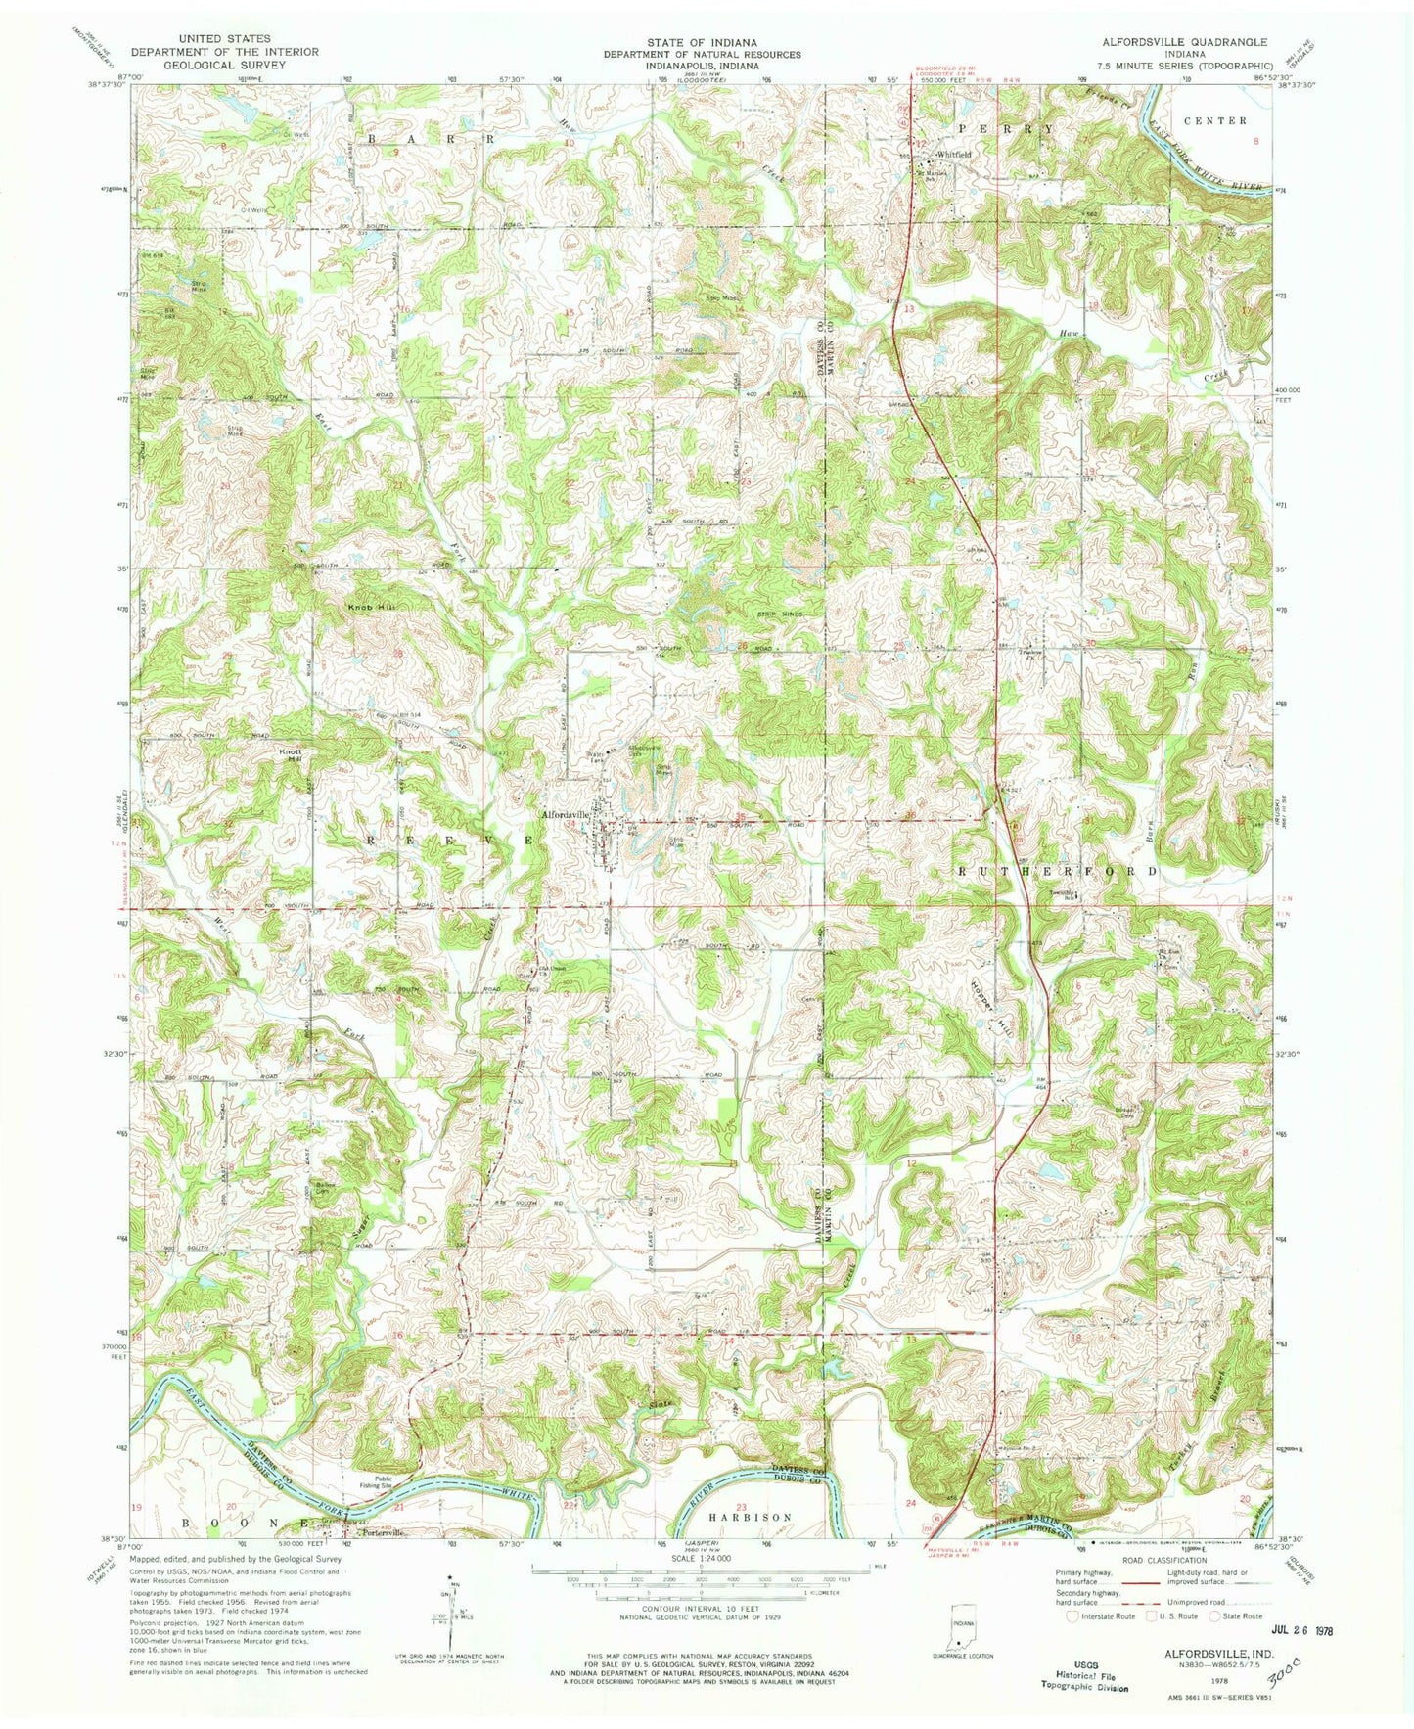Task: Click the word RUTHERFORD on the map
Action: coord(1056,870)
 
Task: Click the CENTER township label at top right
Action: coord(1214,120)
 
